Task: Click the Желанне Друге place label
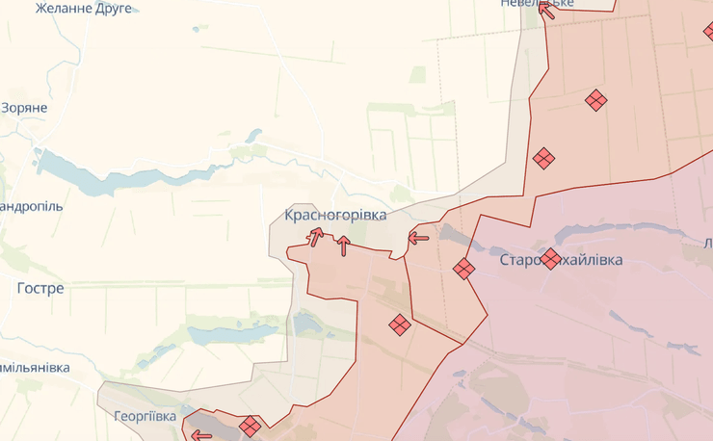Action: pos(84,8)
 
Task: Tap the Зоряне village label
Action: pos(24,108)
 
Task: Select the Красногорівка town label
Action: pos(335,215)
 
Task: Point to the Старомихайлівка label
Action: pos(562,260)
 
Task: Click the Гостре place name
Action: pos(40,288)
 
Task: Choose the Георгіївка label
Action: pos(145,416)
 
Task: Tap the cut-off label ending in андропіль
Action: pos(31,206)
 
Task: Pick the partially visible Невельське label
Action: pos(538,3)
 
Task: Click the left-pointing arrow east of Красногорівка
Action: pos(418,237)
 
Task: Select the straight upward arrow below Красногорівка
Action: pos(343,246)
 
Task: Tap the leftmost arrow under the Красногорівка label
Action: pos(315,236)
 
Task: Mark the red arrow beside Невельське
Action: pos(546,11)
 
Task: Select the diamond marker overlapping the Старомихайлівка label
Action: pos(550,258)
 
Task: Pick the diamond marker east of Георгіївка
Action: pos(251,426)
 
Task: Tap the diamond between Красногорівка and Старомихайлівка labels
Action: pos(464,269)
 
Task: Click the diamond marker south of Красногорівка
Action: pos(400,325)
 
